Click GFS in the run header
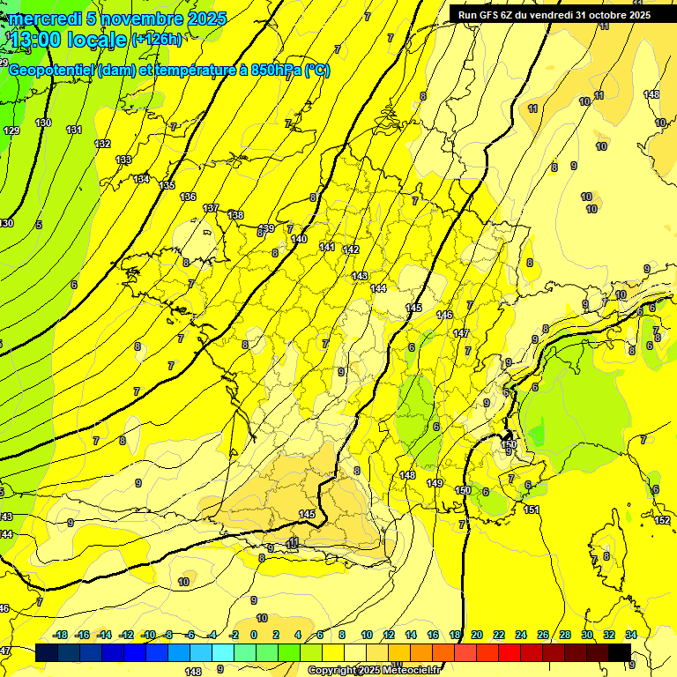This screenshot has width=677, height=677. pos(495,15)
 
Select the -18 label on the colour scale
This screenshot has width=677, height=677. pos(61,635)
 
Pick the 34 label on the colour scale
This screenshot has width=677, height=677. pos(631,635)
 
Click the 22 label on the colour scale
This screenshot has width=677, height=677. pos(499,635)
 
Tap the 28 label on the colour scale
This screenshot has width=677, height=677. pos(565,635)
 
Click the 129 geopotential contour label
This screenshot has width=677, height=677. pos(11,130)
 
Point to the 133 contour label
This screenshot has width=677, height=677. pos(123,160)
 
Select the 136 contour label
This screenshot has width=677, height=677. pos(188,197)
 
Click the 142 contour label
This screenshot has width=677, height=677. pos(351,250)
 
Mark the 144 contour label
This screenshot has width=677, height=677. pos(379,288)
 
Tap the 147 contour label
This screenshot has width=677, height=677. pos(461,333)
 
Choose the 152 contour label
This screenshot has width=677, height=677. pos(662,520)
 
